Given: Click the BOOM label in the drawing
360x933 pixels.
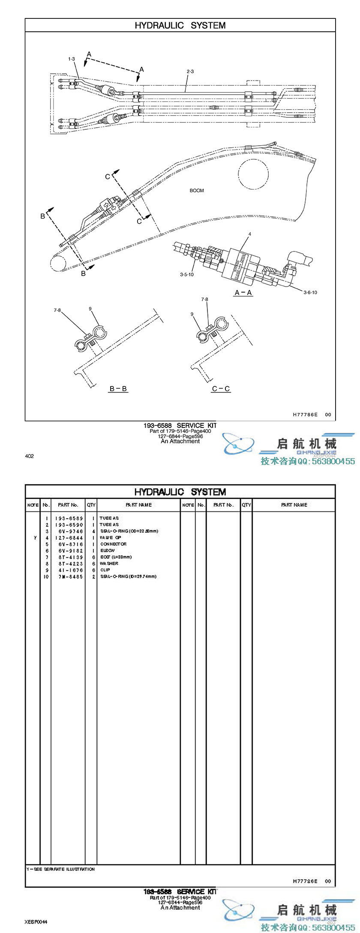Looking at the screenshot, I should (197, 191).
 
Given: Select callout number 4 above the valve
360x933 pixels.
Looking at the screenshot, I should (250, 234).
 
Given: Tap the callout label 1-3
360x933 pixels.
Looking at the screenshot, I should (71, 59).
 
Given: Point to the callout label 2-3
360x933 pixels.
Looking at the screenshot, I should (190, 72).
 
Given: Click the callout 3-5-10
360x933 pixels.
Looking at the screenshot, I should (187, 275).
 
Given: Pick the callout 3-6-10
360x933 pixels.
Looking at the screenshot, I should (310, 293).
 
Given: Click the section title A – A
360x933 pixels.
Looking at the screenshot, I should (243, 293).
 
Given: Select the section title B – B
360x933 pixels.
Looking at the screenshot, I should (118, 389).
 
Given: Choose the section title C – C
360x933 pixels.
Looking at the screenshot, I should (221, 389).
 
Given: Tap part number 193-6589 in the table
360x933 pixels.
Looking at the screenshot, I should (69, 518).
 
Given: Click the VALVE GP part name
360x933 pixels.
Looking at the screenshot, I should (111, 538).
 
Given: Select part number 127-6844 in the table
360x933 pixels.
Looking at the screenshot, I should (69, 538).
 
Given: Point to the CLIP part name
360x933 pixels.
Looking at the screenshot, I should (105, 570).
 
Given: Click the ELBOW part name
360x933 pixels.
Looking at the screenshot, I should (108, 550).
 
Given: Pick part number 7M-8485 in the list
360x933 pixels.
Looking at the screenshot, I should (69, 577).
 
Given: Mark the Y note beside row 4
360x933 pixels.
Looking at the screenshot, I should (35, 538).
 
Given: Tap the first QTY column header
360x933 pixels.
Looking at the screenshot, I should (91, 505).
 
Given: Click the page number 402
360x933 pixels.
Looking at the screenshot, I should (29, 456).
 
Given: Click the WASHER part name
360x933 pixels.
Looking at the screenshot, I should (109, 564).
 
